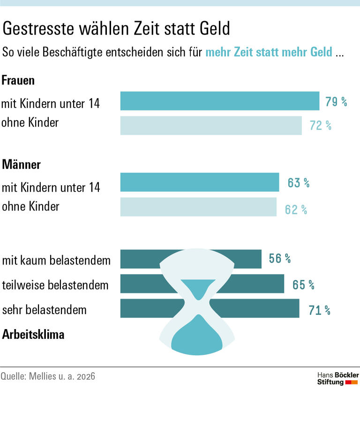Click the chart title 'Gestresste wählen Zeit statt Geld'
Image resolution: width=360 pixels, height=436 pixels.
(116, 29)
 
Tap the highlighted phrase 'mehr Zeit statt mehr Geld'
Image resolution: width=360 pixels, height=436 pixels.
(269, 52)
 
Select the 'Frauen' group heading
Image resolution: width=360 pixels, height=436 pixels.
(18, 80)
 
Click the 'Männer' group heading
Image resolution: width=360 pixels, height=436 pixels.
(21, 165)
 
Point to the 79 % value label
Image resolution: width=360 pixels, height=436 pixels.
(336, 101)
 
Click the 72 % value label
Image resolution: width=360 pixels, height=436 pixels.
(320, 126)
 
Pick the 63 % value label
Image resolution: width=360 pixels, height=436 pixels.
(299, 183)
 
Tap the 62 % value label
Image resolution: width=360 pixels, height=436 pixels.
(296, 210)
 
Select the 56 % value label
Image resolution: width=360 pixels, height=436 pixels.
(280, 258)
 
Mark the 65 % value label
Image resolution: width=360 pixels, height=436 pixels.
(303, 285)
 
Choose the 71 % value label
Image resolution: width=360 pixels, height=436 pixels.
(319, 310)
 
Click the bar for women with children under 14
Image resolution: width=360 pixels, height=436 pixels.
(219, 101)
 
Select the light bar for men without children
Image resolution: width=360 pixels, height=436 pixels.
(198, 207)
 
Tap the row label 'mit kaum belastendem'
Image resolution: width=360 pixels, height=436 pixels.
(56, 260)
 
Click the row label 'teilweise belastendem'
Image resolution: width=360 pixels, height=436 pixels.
(55, 285)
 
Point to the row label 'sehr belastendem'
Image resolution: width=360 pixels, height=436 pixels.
(44, 310)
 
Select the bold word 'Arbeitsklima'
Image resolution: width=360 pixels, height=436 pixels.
(33, 335)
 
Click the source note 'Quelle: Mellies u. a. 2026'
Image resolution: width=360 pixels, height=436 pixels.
(48, 376)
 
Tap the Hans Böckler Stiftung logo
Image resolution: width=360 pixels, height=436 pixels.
(337, 378)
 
